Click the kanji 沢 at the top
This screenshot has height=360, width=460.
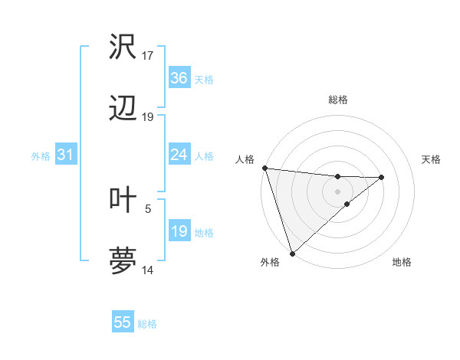tap(123, 47)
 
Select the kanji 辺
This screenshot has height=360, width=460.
tap(123, 110)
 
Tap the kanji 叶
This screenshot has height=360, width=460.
tap(123, 199)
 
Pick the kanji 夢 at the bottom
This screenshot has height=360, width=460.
tap(123, 261)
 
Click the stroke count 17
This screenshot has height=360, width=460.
tap(148, 55)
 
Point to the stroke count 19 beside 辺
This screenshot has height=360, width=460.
tap(148, 117)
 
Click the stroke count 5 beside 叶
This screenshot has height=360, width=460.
tap(148, 208)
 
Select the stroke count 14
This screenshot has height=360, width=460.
tap(148, 270)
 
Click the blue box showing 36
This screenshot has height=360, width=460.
tap(179, 78)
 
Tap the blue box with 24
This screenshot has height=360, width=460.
tap(179, 155)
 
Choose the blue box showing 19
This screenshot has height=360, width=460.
tap(179, 231)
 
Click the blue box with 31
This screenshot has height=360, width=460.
tap(65, 155)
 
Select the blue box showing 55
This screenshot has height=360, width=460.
tap(123, 322)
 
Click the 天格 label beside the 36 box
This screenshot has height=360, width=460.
tap(203, 80)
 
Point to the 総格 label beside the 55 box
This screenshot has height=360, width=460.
tap(147, 324)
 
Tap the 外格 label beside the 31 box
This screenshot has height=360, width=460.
tap(41, 156)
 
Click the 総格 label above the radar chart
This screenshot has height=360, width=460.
tap(337, 100)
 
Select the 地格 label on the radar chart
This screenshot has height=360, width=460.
tap(402, 263)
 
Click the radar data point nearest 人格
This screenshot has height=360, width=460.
tap(264, 168)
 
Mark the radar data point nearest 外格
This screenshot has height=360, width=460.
tap(292, 253)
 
